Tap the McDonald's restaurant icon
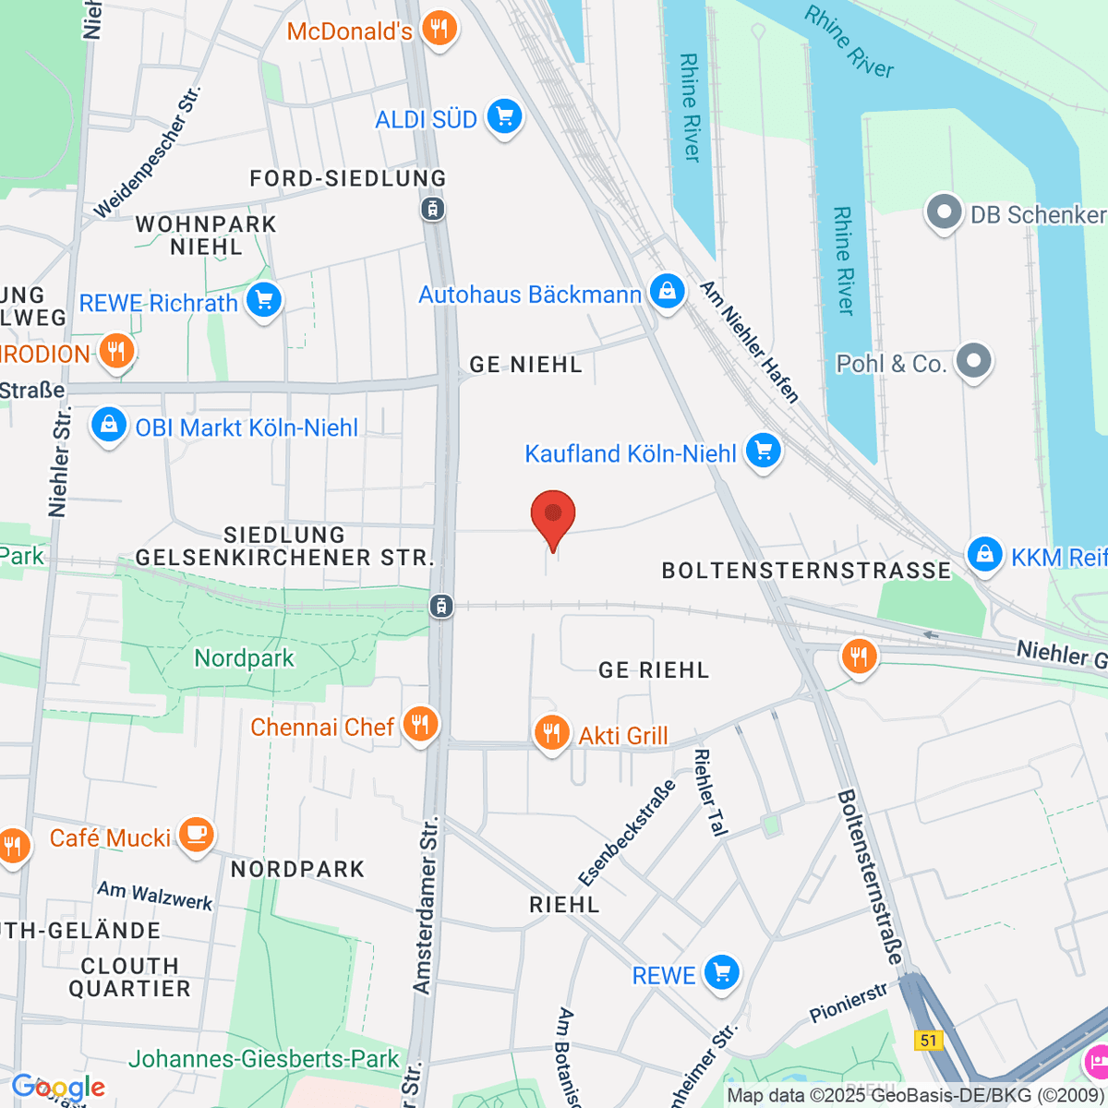(440, 29)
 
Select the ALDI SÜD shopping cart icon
(504, 117)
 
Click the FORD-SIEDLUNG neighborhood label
(348, 178)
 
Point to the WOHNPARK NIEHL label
(206, 235)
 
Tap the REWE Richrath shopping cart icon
(264, 300)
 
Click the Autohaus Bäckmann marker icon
(666, 292)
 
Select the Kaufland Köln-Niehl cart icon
(763, 451)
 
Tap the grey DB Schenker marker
(944, 212)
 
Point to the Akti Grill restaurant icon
(551, 733)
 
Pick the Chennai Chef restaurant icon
(421, 724)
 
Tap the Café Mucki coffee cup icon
(196, 835)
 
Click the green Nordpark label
(244, 658)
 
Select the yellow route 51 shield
(928, 1041)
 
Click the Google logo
(58, 1088)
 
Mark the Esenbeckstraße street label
(627, 834)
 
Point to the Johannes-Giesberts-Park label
(264, 1059)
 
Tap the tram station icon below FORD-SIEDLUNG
(432, 209)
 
